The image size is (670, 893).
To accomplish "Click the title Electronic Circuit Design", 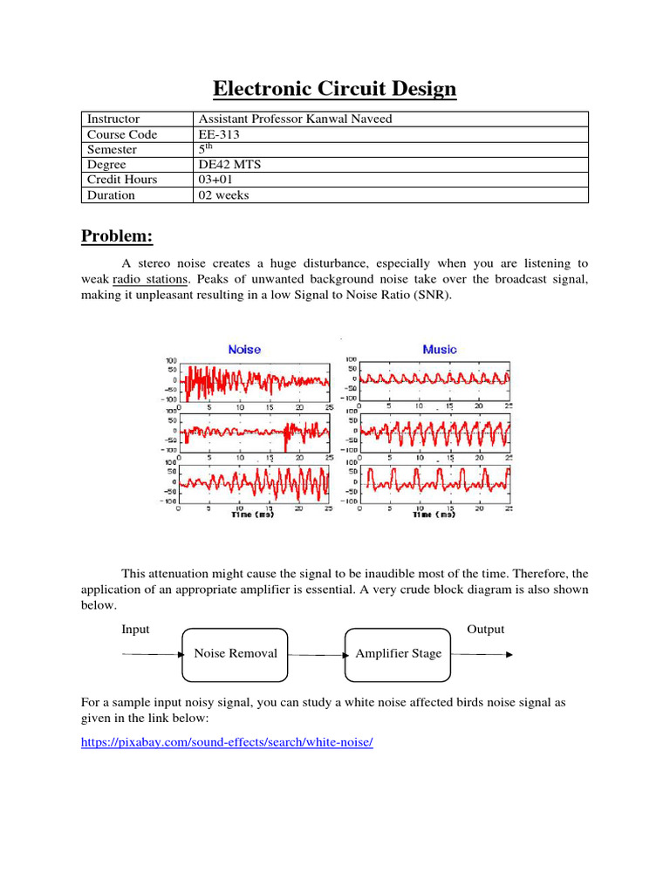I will point(335,89).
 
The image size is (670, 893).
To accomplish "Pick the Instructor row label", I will point(113,119).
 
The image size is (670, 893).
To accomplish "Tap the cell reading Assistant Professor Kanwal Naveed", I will point(296,119).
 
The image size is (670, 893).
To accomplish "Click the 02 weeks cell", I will point(224,195).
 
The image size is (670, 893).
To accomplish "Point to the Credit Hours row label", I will point(122,180).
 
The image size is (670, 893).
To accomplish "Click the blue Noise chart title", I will point(244,349).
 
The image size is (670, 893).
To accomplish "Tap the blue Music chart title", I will point(440,349).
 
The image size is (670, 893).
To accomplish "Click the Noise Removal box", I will point(235,654).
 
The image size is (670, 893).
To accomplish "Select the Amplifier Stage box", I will point(399,654).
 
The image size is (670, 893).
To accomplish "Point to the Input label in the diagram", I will point(135,630).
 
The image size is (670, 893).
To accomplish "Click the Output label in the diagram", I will point(486,630).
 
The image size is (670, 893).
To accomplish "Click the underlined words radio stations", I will point(150,279).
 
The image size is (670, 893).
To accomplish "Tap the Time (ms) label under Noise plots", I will point(253,515).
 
